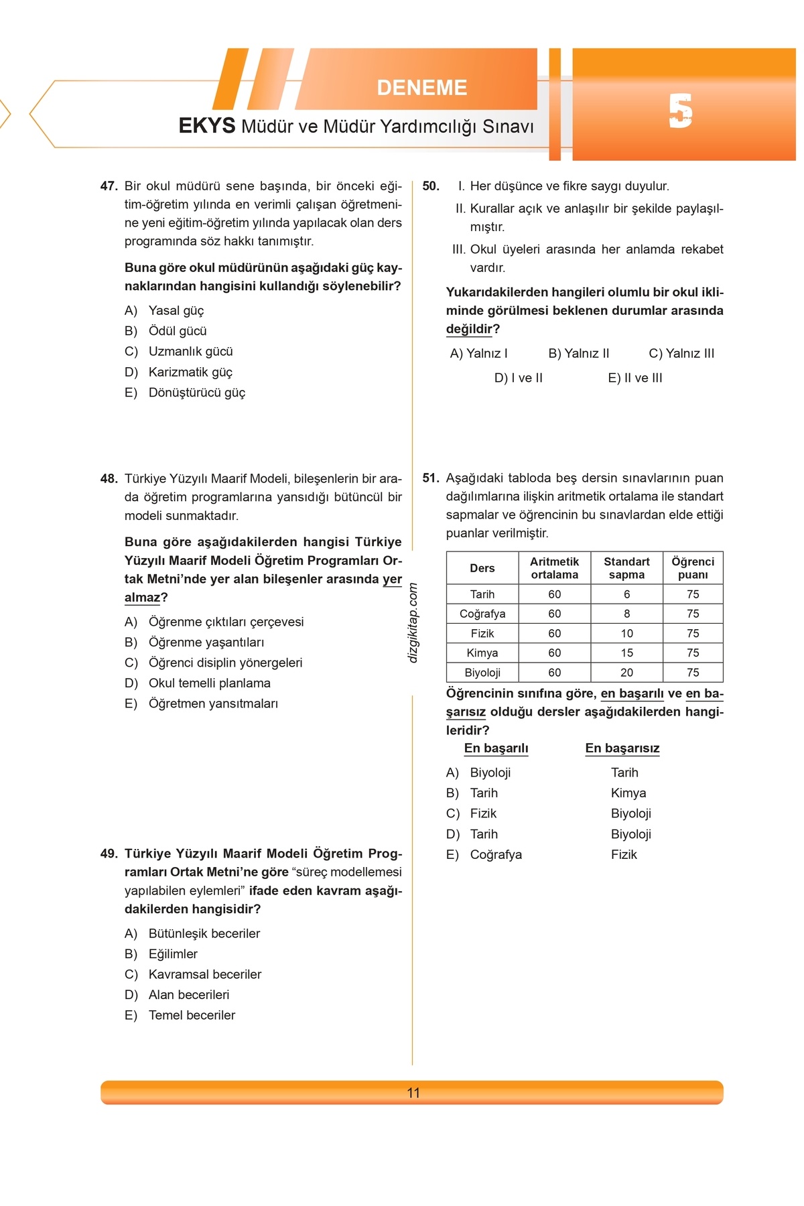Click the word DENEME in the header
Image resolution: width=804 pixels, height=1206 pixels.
421,88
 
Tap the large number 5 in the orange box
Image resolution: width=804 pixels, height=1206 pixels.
680,112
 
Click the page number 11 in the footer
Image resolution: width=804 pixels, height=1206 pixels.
413,1093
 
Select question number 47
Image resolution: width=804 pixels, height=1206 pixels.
109,186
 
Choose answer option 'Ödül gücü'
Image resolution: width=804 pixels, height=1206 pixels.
178,331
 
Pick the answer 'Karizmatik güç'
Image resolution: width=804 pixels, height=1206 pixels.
190,372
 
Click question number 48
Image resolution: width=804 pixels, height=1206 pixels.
109,478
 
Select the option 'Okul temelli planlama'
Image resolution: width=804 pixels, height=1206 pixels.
209,683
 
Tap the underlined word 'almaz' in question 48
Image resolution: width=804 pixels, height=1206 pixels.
142,598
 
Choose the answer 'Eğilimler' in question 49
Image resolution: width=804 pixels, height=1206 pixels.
173,953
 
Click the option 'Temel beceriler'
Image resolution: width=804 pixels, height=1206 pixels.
192,1015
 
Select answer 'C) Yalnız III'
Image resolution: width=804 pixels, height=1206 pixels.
681,353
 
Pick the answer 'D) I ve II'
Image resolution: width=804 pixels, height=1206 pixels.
519,378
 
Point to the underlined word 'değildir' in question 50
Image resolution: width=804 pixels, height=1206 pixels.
469,329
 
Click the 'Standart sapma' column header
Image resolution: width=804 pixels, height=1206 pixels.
626,568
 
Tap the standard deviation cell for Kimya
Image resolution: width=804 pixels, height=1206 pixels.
626,653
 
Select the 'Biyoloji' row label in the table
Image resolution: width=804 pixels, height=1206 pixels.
482,672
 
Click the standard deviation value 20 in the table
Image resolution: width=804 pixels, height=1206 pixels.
626,672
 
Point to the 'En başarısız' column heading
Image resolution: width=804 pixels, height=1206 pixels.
622,748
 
